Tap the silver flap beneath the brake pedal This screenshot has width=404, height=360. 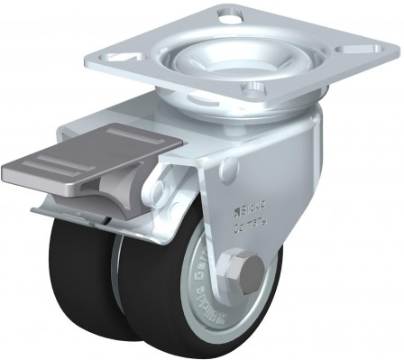(x=72, y=210)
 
